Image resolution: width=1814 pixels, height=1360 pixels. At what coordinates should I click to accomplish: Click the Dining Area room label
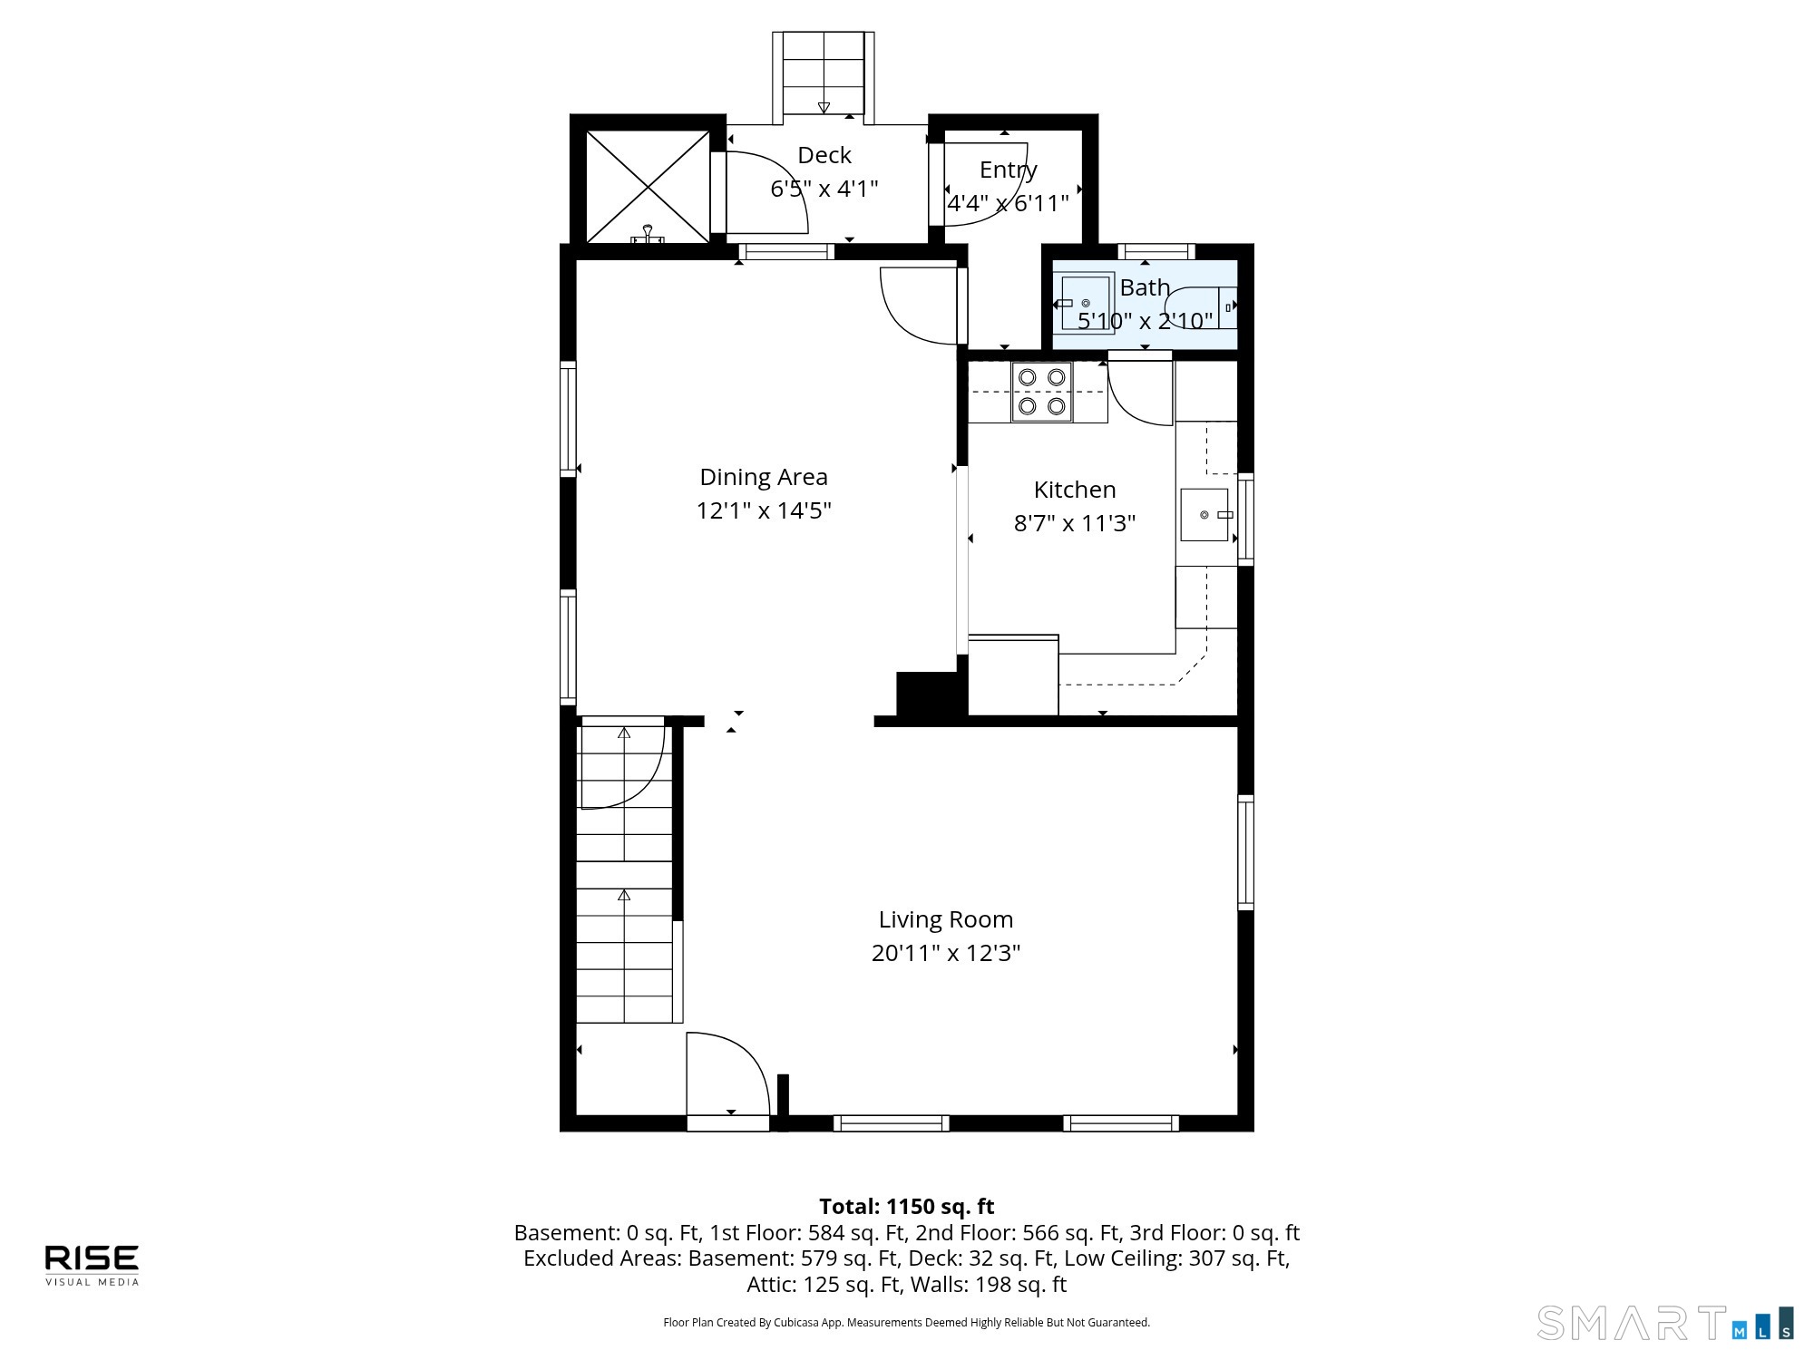pos(764,477)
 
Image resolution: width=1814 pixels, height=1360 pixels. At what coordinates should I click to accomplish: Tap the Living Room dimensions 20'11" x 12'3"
pos(946,953)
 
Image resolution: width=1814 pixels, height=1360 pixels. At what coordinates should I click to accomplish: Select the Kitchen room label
pos(1075,490)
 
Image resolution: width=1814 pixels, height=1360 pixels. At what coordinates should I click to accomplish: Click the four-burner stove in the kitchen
pos(1042,392)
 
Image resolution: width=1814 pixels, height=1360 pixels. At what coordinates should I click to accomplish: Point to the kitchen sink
pos(1204,515)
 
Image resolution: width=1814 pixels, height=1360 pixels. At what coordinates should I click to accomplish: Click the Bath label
pos(1145,287)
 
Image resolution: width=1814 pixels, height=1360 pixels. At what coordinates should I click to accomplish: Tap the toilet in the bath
pos(1201,307)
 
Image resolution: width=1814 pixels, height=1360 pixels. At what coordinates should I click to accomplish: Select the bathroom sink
pos(1087,303)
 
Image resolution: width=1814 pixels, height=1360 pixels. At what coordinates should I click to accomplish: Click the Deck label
pos(824,155)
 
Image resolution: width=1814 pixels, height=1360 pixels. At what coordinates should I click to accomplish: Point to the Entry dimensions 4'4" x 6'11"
pos(1009,203)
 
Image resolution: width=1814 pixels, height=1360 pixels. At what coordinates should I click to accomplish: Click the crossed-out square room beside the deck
pos(648,187)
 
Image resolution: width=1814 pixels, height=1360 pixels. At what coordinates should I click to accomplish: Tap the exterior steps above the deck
pos(824,74)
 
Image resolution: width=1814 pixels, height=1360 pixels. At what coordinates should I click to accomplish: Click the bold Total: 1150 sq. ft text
pos(906,1207)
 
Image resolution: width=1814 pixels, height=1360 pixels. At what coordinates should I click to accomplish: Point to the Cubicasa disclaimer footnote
pos(906,1323)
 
